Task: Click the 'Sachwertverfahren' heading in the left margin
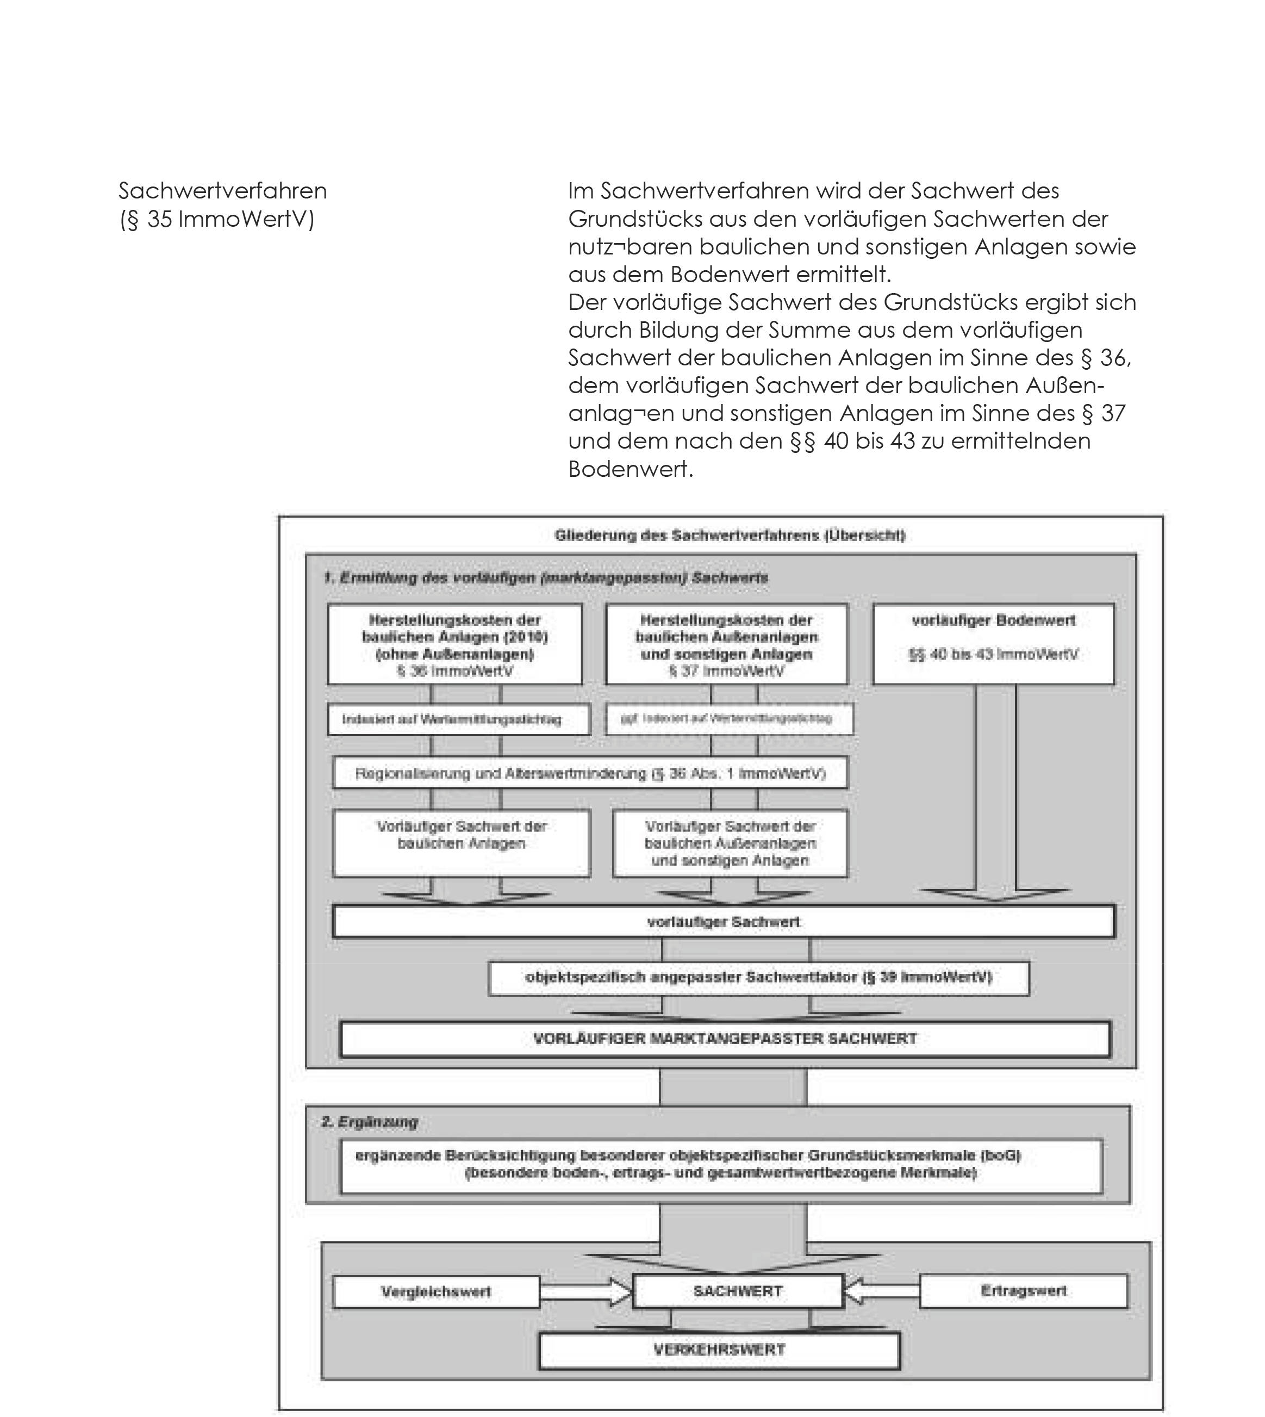(222, 190)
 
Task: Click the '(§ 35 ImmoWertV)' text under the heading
(217, 219)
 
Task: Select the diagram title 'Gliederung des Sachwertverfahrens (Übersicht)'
(729, 536)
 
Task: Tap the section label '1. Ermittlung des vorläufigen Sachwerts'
(546, 578)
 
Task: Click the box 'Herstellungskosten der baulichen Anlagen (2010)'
(454, 644)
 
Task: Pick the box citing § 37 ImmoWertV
(726, 644)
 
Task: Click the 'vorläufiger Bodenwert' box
(993, 644)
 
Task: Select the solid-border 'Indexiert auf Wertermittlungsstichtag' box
(458, 719)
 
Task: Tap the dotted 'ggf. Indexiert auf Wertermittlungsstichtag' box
(728, 719)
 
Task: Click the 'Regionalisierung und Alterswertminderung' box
(590, 773)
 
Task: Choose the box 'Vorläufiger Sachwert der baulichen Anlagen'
(462, 842)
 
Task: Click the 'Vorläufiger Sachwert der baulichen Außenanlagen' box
(730, 843)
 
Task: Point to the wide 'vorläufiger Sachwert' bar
(724, 922)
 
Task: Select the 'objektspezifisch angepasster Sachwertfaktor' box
(758, 978)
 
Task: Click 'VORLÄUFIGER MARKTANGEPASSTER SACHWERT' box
(725, 1039)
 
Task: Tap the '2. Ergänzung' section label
(369, 1122)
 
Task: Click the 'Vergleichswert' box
(436, 1291)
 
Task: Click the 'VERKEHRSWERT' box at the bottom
(719, 1350)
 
